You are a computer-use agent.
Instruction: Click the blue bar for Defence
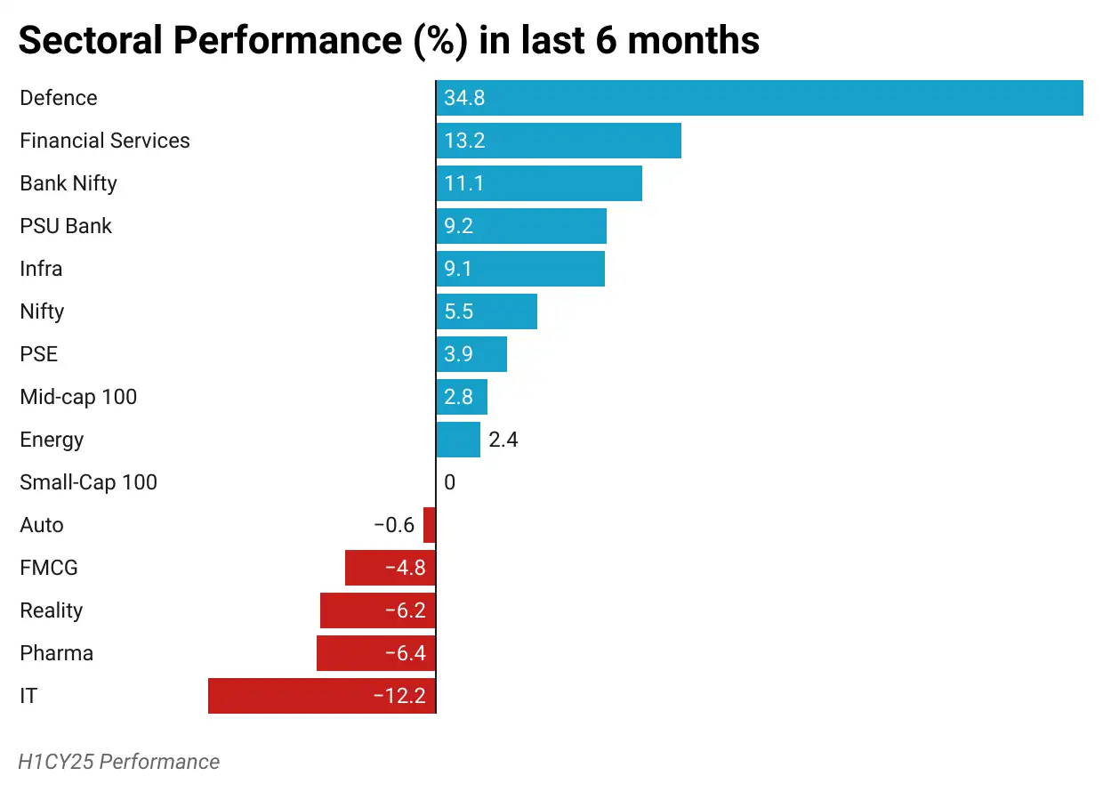(x=760, y=98)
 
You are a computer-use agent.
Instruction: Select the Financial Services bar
(x=559, y=141)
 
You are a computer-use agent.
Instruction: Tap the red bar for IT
(x=322, y=696)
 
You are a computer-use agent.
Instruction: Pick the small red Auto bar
(x=430, y=525)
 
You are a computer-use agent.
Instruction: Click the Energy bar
(x=458, y=440)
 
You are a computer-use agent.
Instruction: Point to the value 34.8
(x=464, y=98)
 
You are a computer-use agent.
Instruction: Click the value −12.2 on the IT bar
(x=399, y=696)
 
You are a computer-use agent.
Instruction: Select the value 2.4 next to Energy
(x=503, y=440)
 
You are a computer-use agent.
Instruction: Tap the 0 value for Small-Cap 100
(x=449, y=482)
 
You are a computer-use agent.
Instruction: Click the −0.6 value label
(x=394, y=525)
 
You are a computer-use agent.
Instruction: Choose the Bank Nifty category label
(x=68, y=183)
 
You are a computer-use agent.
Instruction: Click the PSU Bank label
(x=66, y=226)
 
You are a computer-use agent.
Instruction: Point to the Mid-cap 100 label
(x=78, y=397)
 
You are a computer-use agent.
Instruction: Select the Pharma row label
(x=56, y=653)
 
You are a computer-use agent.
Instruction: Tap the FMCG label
(x=49, y=568)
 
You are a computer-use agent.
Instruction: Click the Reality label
(x=51, y=610)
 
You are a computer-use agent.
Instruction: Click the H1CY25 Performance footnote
(x=119, y=762)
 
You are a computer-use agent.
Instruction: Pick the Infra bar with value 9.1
(x=520, y=269)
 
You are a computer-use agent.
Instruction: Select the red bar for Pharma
(x=376, y=653)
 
